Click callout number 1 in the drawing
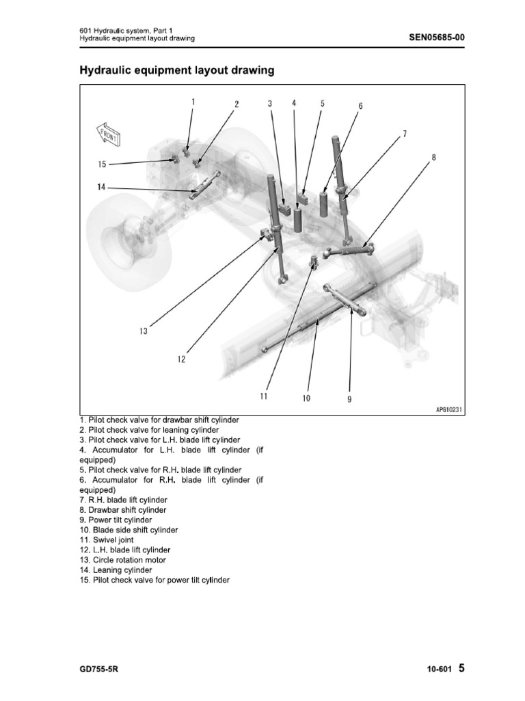tap(193, 101)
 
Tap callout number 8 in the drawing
tap(433, 157)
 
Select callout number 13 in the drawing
tap(143, 331)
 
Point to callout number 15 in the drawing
tap(102, 164)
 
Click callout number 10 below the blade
tap(306, 397)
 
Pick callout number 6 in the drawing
tap(360, 106)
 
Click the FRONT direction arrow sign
tap(108, 134)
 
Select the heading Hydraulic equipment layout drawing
tap(177, 70)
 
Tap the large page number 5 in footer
tap(461, 668)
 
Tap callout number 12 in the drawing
tap(182, 358)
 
